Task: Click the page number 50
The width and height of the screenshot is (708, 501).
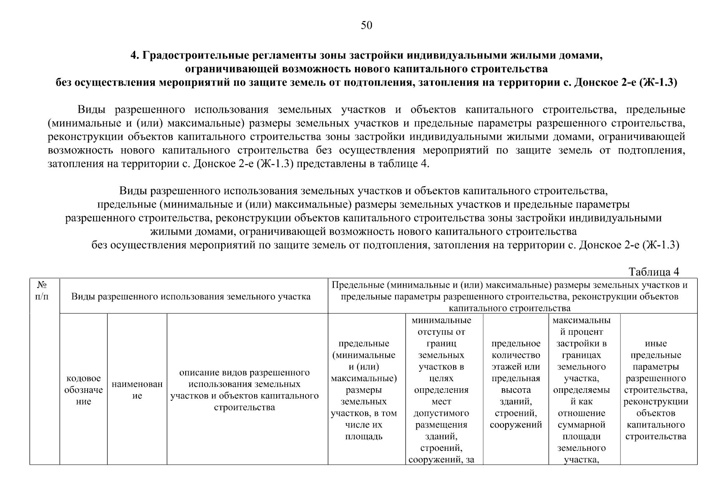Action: (x=366, y=26)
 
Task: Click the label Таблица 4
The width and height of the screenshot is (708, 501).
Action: (x=653, y=272)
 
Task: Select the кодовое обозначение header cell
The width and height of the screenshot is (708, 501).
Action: (x=83, y=390)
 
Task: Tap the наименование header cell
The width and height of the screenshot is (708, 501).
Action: (x=137, y=390)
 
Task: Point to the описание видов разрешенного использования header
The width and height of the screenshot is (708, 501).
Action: (x=244, y=390)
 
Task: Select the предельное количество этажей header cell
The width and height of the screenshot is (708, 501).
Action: (x=516, y=384)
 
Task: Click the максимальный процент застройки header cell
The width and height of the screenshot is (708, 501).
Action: (x=581, y=390)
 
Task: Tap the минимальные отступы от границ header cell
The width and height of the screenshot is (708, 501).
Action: (x=441, y=390)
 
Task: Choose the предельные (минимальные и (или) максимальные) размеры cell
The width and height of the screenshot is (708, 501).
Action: (x=363, y=390)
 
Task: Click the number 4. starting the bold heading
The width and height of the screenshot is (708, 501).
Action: (x=134, y=56)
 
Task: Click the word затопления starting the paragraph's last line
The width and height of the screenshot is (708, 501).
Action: (x=72, y=164)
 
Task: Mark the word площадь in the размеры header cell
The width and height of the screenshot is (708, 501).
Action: (x=363, y=437)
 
